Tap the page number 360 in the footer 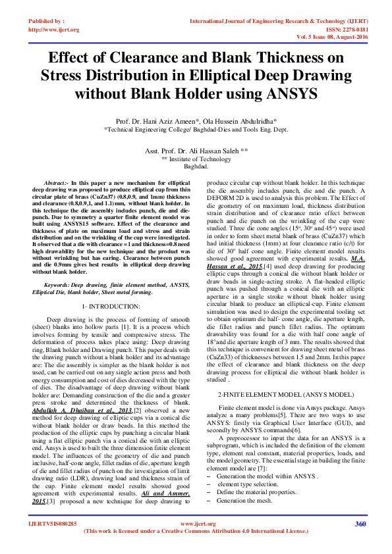(360, 542)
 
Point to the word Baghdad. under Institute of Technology (196, 166)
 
